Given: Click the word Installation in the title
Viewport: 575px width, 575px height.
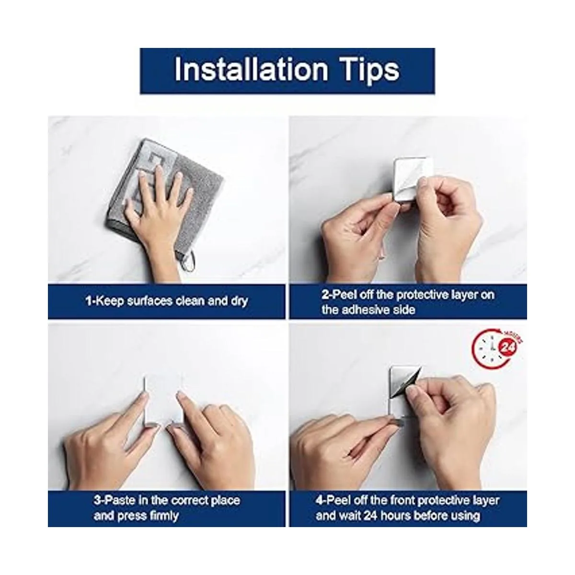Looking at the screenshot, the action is coord(251,70).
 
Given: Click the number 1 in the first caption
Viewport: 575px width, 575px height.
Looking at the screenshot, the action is coord(88,300).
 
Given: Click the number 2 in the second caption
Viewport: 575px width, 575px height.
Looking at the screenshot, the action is coord(325,295).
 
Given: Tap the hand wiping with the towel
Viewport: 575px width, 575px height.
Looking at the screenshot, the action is coord(155,209).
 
